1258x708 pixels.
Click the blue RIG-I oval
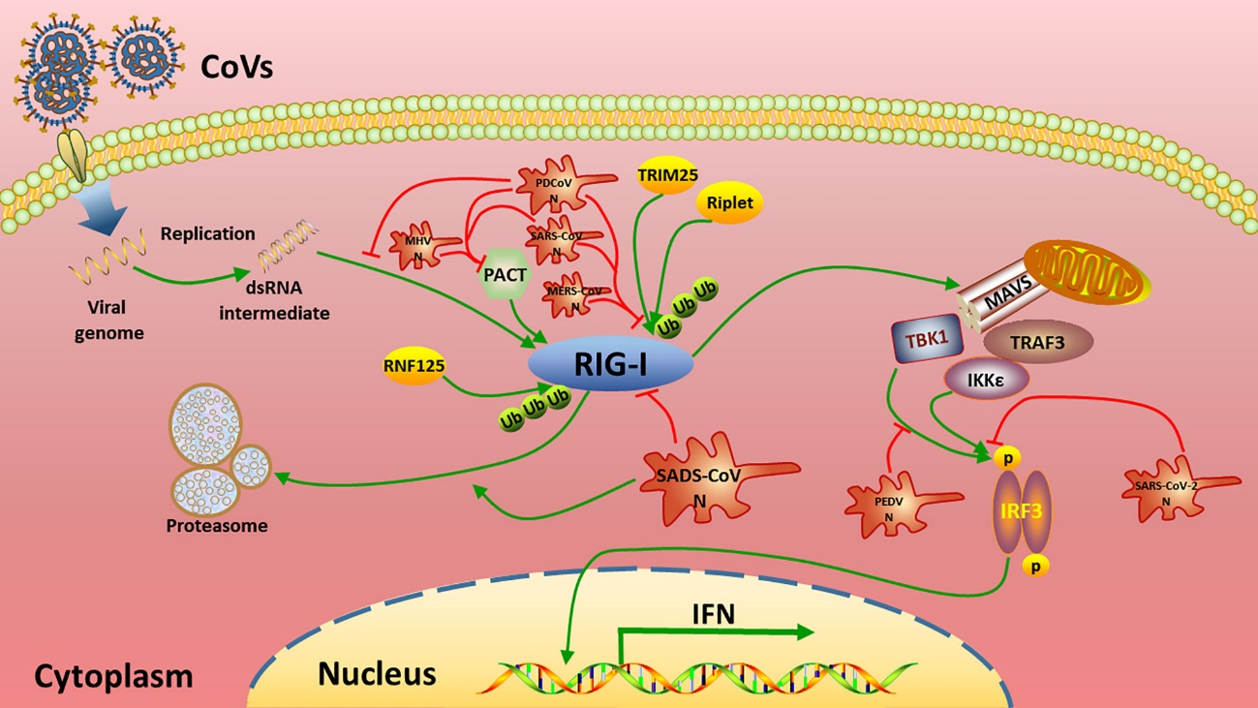[x=610, y=366]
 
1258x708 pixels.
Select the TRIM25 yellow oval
[x=667, y=174]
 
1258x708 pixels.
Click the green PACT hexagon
[x=505, y=276]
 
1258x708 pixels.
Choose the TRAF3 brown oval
[x=1037, y=342]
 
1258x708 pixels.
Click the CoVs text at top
[x=237, y=68]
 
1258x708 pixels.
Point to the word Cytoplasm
[x=113, y=675]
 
